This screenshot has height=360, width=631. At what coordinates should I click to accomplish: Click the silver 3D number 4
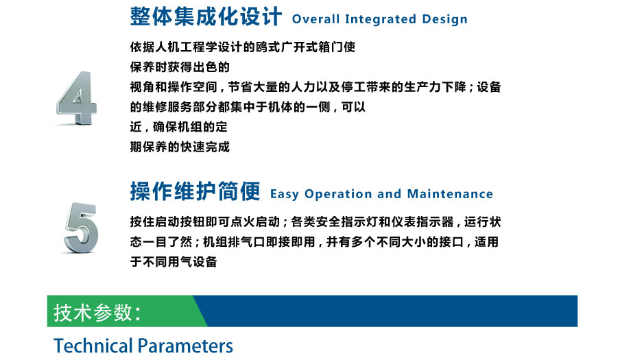click(76, 98)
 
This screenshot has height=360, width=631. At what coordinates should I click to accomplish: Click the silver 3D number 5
click(81, 228)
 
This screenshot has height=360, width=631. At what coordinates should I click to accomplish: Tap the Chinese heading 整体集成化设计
click(206, 17)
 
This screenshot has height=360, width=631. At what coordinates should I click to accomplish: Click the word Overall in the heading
click(316, 19)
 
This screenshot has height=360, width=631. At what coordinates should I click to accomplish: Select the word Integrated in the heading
click(381, 19)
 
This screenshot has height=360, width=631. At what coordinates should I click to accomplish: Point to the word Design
click(444, 19)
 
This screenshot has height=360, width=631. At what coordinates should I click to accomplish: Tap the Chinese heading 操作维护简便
click(195, 191)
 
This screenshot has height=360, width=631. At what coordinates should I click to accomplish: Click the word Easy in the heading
click(285, 194)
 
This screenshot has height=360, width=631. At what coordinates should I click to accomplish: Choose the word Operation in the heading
click(338, 194)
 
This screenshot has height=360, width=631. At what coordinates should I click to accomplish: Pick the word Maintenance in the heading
click(450, 194)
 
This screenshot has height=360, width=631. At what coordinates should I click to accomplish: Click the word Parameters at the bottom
click(185, 346)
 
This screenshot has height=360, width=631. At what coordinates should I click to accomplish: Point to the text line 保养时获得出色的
click(180, 67)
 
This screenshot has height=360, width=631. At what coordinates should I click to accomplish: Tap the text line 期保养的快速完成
click(180, 147)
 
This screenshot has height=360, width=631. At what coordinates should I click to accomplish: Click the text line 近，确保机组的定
click(179, 127)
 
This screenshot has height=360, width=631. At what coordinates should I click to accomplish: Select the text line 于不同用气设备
click(174, 262)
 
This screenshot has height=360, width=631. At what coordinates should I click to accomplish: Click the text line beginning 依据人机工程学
click(243, 47)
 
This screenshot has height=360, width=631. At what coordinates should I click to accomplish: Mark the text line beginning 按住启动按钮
click(315, 222)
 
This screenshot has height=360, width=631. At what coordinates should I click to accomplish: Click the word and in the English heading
click(389, 194)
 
